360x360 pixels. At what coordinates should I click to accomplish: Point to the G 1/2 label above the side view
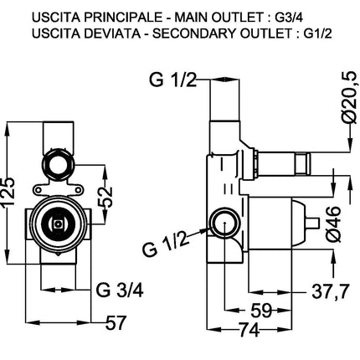[x=173, y=80]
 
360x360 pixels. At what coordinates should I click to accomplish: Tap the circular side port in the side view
[x=224, y=224]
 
